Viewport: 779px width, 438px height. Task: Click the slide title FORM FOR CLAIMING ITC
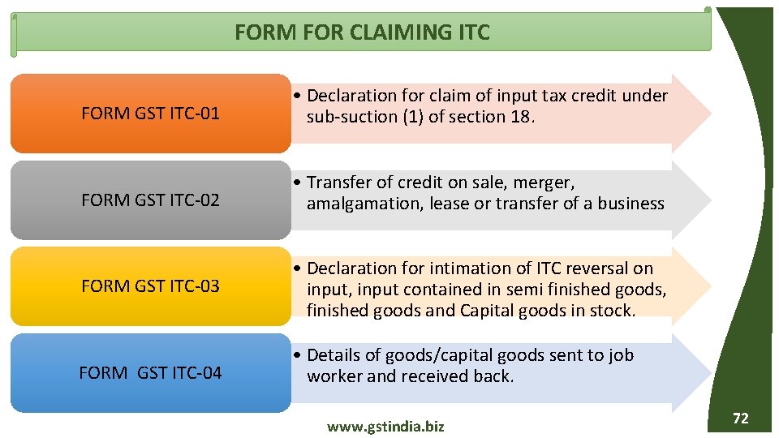click(x=362, y=32)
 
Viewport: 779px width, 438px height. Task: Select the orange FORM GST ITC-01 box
click(x=150, y=114)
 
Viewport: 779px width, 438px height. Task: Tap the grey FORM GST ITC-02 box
click(x=150, y=200)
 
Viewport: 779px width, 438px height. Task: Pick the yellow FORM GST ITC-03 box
click(x=150, y=286)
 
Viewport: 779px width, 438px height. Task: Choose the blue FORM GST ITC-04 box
click(x=150, y=372)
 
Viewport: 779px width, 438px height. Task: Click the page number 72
click(x=740, y=419)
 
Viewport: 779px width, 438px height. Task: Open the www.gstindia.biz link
click(x=385, y=427)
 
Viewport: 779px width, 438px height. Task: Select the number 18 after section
click(x=520, y=117)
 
